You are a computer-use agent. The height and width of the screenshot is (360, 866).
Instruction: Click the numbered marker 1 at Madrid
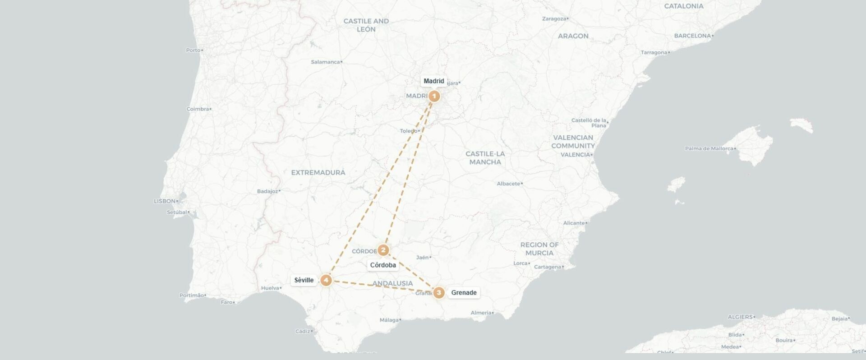(x=434, y=96)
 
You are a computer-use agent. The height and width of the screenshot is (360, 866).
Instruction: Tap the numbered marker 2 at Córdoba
(x=383, y=250)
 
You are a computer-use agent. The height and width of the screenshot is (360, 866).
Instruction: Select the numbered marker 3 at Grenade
(x=439, y=293)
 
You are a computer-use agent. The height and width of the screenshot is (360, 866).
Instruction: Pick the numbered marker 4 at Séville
(x=326, y=280)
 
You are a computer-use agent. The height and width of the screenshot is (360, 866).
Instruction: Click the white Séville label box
(x=304, y=280)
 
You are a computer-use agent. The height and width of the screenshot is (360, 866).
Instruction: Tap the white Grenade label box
(x=464, y=293)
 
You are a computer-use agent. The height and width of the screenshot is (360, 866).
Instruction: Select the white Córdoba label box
(x=383, y=265)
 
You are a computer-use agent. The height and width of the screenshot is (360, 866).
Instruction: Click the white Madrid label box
(x=434, y=81)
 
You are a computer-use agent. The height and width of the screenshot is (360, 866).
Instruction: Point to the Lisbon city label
(x=165, y=201)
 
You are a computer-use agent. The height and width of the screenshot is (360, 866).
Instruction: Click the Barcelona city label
(x=692, y=36)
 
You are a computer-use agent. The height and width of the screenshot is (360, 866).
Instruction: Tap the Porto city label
(x=193, y=50)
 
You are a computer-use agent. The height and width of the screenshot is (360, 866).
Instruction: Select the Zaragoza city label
(x=554, y=19)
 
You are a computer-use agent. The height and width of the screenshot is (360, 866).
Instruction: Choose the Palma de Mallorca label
(x=709, y=148)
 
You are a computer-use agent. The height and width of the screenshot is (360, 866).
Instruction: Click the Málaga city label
(x=389, y=320)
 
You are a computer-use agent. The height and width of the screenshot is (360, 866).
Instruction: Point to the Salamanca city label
(x=325, y=62)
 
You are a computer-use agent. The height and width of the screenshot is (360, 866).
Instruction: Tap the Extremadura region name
(x=318, y=172)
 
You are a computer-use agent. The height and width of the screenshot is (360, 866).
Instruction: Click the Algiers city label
(x=740, y=317)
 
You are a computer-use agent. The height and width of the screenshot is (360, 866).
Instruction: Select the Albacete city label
(x=508, y=184)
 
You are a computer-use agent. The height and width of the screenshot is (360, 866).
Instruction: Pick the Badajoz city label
(x=267, y=191)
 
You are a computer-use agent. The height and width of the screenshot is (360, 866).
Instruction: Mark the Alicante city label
(x=574, y=223)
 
